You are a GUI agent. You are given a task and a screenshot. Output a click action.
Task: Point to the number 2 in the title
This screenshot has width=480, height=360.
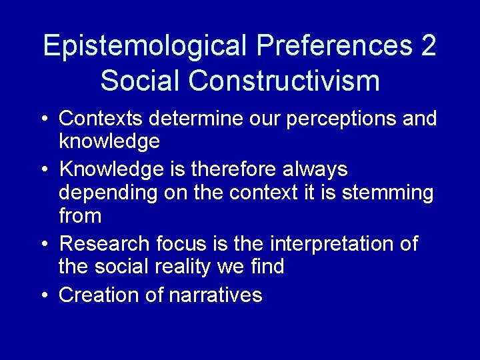coord(428,46)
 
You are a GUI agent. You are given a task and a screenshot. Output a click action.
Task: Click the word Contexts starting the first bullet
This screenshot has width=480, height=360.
coord(101,119)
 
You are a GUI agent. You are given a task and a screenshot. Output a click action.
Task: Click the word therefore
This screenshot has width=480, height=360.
coord(231,169)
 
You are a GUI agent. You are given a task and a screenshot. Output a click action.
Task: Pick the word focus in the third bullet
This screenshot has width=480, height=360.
coord(175,244)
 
